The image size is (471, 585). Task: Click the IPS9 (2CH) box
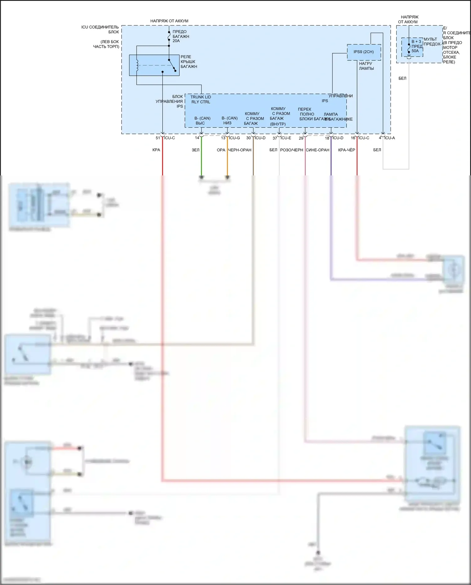(x=364, y=52)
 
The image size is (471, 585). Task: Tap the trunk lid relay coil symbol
(x=137, y=65)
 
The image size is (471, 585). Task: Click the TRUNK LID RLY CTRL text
(x=201, y=99)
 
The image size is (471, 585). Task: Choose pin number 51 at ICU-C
(x=158, y=138)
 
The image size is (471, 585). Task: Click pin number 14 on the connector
(x=197, y=138)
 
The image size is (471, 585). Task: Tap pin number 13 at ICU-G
(x=223, y=138)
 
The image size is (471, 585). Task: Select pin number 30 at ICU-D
(x=248, y=138)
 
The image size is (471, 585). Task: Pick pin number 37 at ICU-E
(x=275, y=138)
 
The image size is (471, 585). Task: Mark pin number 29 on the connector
(x=301, y=138)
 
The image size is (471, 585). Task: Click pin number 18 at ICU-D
(x=327, y=138)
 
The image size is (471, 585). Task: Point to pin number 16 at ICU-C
(x=353, y=138)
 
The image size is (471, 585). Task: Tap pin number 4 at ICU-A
(x=380, y=138)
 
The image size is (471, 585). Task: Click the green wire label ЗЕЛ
(x=195, y=150)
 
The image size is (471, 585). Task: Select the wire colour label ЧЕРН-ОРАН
(x=240, y=150)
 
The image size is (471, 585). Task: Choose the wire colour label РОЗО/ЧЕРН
(x=291, y=150)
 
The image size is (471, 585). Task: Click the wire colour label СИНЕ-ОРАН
(x=317, y=150)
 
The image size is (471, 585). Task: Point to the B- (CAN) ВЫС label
(x=202, y=121)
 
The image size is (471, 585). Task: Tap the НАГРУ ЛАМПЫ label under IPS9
(x=366, y=66)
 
